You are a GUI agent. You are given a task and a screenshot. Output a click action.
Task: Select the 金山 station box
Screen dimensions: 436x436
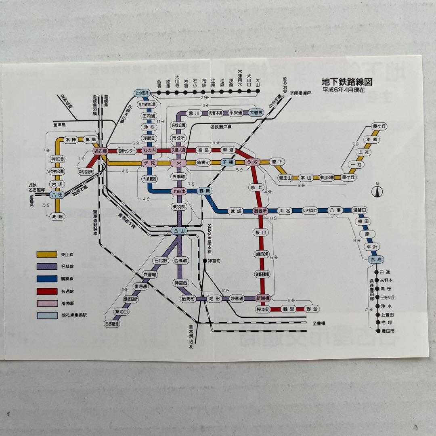coord(178,231)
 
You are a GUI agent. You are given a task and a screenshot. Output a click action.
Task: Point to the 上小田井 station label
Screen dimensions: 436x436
coord(142,93)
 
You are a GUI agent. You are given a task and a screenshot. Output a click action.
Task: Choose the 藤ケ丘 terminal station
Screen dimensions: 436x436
coord(379,126)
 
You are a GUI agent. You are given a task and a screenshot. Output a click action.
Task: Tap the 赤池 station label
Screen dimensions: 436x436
coord(374,260)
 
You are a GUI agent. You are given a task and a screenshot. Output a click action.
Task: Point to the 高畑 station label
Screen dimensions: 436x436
coord(57,216)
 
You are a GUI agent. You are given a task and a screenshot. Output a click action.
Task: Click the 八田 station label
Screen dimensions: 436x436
coord(58,195)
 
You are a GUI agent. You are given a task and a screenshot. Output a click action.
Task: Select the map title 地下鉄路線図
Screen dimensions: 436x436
coord(347,82)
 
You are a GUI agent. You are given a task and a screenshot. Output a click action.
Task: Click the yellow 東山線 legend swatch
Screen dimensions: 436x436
coord(47,255)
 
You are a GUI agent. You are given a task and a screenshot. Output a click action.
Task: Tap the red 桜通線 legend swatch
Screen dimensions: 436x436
coord(47,291)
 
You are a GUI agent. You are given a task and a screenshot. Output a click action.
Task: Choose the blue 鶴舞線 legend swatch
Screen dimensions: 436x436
coord(47,279)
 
